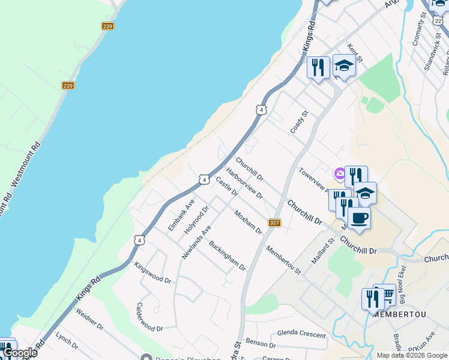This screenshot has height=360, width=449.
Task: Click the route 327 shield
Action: [275, 223]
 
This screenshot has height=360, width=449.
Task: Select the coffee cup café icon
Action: [359, 218]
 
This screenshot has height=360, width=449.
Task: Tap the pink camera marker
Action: [340, 174]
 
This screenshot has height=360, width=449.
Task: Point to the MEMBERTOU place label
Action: [394, 314]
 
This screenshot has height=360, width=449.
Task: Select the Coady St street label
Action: [299, 122]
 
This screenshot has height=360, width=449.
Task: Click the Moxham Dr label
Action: [249, 222]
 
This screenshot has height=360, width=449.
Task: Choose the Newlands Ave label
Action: [197, 242]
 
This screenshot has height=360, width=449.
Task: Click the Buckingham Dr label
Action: [228, 256]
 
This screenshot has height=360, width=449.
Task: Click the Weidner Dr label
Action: [89, 320]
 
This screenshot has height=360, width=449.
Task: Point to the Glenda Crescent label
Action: [301, 334]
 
